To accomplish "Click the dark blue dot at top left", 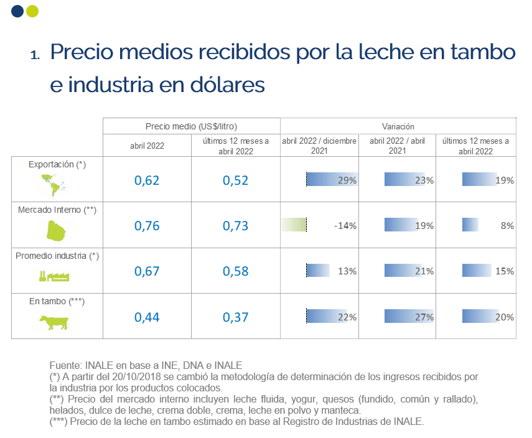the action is click(x=17, y=11).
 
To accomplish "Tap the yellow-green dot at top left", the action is click(x=32, y=11).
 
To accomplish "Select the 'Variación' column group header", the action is click(x=398, y=126).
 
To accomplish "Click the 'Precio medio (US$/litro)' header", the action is click(x=192, y=126).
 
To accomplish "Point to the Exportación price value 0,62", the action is click(x=147, y=180).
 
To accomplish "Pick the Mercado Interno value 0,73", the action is click(x=235, y=226).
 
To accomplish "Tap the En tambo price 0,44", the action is click(x=147, y=317).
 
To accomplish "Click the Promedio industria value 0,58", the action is click(x=235, y=271).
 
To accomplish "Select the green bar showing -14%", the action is click(x=294, y=225).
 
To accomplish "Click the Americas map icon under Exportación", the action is click(x=53, y=185).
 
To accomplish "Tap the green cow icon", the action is click(x=54, y=322).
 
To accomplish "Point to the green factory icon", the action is click(x=54, y=276).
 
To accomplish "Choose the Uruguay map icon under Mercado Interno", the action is click(x=56, y=231).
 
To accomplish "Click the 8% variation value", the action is click(x=507, y=226).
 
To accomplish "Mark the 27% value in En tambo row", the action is click(x=424, y=317).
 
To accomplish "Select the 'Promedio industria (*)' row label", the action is click(x=57, y=256).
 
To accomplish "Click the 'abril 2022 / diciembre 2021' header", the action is click(x=319, y=146).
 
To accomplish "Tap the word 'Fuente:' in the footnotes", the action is click(x=65, y=365).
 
